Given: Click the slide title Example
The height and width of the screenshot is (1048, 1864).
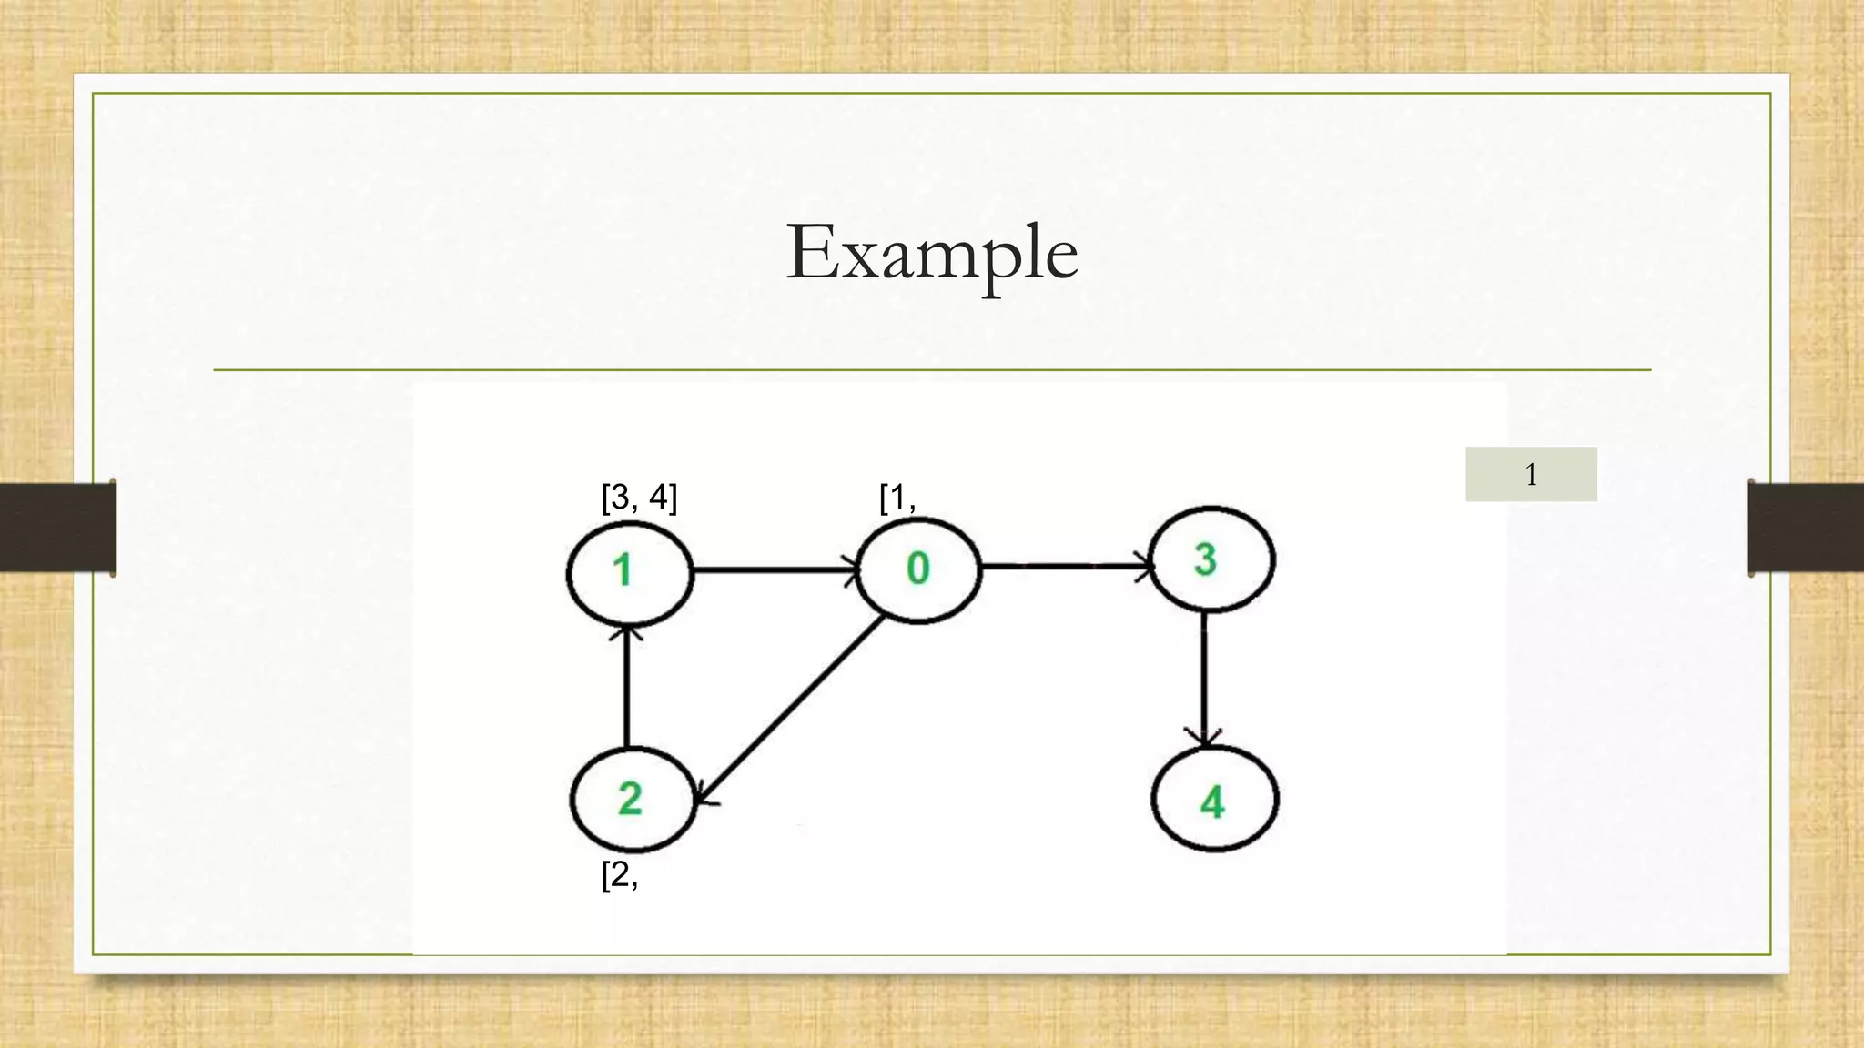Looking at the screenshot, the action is [x=931, y=252].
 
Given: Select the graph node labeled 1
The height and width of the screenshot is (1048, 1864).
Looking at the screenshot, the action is [x=629, y=572].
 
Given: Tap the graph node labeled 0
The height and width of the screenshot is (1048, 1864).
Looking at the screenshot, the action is [x=917, y=569].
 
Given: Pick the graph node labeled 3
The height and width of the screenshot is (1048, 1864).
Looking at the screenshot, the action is [x=1211, y=559].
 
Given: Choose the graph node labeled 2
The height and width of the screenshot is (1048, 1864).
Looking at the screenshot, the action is [x=632, y=800].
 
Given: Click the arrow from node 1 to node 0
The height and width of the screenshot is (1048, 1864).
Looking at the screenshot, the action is [x=774, y=571].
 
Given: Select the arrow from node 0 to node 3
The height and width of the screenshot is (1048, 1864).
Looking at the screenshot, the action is [x=1065, y=566].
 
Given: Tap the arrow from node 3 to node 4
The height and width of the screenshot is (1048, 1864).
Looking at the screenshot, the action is [x=1204, y=678].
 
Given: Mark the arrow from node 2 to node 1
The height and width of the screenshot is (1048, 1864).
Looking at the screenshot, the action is [x=626, y=687].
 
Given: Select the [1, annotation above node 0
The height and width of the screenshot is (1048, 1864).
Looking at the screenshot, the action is [x=897, y=499].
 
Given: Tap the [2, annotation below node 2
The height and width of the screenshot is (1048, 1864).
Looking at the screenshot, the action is [x=620, y=875].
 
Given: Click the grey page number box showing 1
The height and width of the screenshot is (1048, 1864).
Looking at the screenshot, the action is [x=1531, y=474].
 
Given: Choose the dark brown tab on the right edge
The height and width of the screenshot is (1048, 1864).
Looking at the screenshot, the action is [x=1806, y=528].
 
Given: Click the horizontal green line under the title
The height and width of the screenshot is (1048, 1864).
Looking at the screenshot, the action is [x=931, y=370].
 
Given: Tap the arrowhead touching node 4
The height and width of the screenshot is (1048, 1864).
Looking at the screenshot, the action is [x=1205, y=739].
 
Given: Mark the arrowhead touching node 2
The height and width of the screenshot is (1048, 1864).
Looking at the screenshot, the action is [x=704, y=798].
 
